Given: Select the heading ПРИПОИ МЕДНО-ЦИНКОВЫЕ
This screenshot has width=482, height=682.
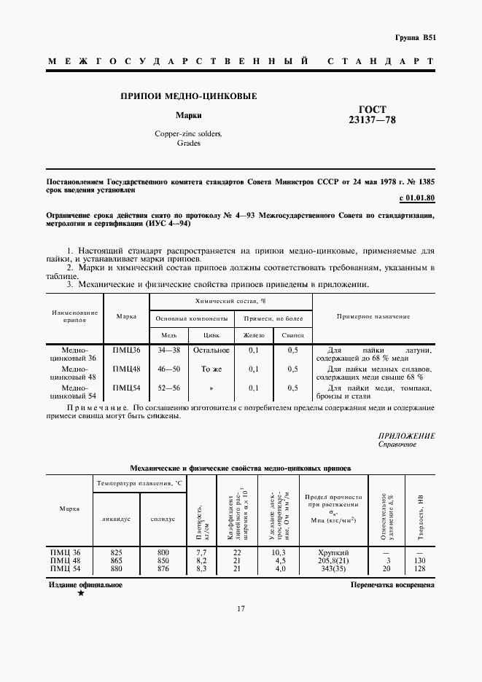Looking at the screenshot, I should click(x=188, y=96).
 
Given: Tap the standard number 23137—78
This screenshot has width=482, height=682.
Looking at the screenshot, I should click(x=373, y=120).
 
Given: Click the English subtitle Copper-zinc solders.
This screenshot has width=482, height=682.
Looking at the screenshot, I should click(x=189, y=134).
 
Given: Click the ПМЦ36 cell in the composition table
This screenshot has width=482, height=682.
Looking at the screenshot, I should click(x=126, y=350).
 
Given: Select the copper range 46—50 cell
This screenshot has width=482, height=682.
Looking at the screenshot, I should click(x=168, y=369).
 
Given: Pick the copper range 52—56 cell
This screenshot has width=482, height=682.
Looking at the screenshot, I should click(x=168, y=388).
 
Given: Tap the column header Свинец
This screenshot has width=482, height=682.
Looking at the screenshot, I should click(x=292, y=334).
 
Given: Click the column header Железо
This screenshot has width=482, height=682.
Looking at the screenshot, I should click(x=254, y=334).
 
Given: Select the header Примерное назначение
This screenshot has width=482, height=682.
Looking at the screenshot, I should click(x=373, y=316).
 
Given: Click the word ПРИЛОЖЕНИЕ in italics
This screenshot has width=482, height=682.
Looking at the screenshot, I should click(x=407, y=436).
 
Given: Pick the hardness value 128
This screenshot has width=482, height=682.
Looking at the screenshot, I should click(x=418, y=568).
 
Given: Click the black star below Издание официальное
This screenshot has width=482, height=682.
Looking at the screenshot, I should click(x=81, y=595).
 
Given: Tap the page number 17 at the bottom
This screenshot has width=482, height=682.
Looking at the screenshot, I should click(x=241, y=630).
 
